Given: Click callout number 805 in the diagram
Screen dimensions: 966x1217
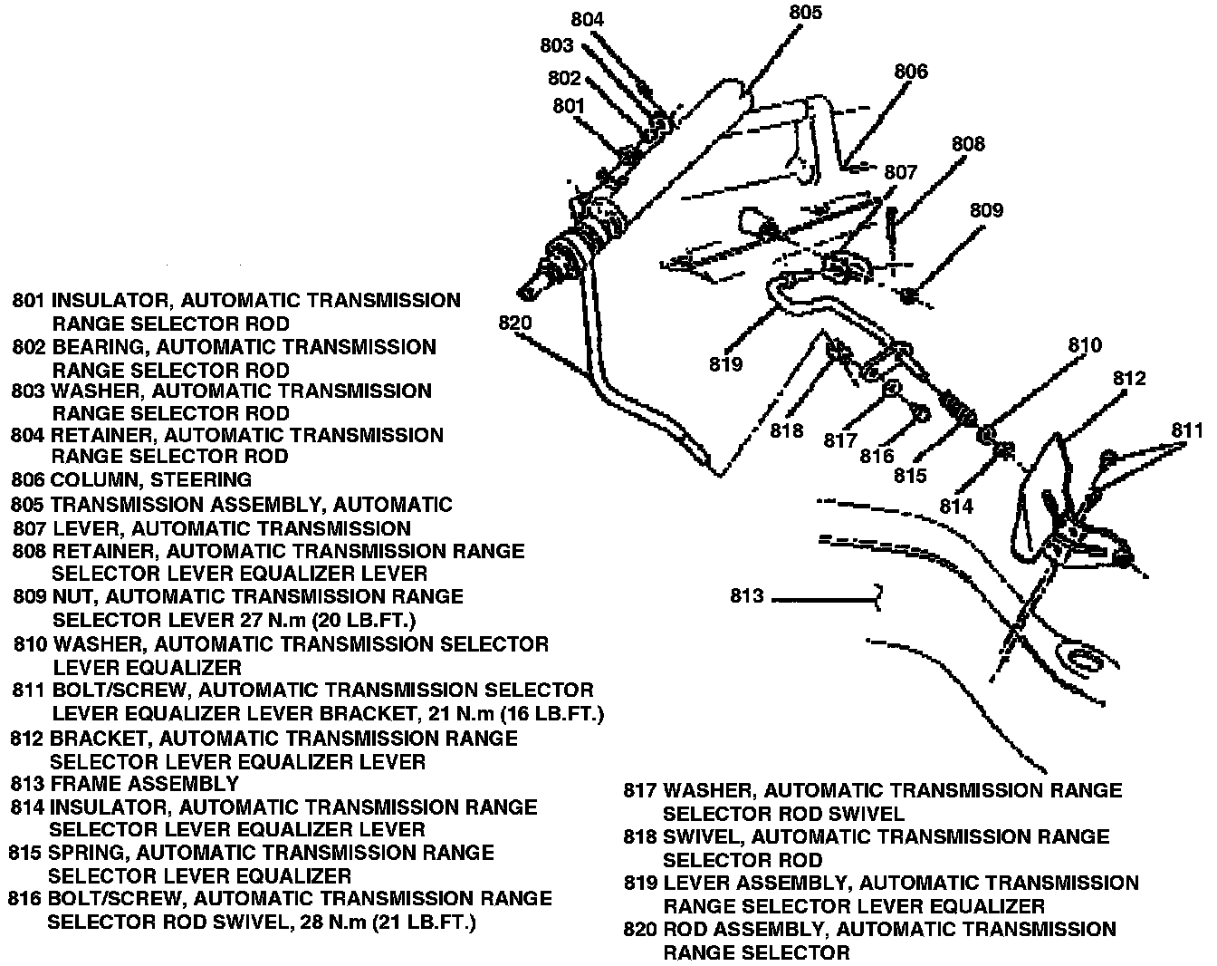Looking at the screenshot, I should [805, 13].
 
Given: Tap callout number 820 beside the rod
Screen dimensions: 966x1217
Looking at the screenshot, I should [514, 323].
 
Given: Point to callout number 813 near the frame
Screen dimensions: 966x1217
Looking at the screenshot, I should [747, 596].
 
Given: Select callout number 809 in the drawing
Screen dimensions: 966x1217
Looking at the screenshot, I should [986, 210].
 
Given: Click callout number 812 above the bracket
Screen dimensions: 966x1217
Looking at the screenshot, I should [1129, 378].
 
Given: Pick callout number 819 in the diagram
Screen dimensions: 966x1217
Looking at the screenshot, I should [726, 364].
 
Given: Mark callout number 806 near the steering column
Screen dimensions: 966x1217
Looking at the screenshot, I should [911, 72].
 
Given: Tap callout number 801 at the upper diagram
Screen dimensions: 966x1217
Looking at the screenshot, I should [570, 106].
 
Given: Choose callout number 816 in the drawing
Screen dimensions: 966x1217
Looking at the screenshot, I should [877, 456].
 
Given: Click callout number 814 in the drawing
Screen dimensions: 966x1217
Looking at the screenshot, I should [956, 506].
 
